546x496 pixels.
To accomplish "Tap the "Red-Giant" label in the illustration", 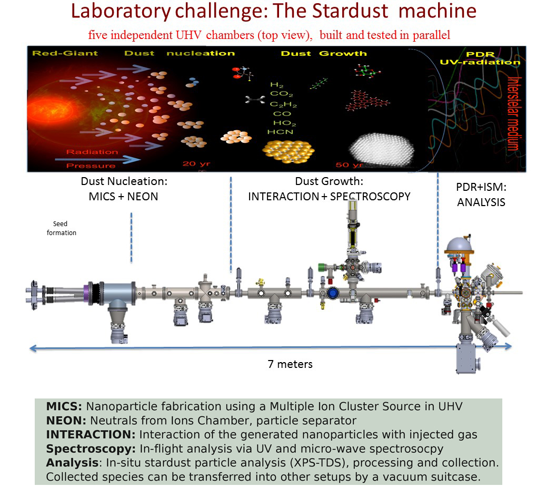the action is click(65, 53).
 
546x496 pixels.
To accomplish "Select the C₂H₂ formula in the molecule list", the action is click(283, 104).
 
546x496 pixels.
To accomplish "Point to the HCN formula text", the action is click(280, 132).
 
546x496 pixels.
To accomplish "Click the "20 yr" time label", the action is click(196, 164).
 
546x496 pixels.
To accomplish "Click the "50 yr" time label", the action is click(349, 164).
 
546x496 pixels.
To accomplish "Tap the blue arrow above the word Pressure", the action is click(98, 160).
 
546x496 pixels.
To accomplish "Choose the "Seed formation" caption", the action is click(61, 228).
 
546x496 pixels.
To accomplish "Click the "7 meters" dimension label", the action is click(290, 364).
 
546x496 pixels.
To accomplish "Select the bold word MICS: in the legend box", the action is click(64, 406).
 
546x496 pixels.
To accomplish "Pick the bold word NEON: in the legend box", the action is click(66, 421).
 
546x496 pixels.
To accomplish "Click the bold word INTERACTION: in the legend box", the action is click(91, 435).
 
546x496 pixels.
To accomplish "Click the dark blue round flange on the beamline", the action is click(333, 293).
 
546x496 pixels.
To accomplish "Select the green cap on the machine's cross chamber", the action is click(321, 267).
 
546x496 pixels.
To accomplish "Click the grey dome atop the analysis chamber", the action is click(459, 244).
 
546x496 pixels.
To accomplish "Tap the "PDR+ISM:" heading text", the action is click(481, 187).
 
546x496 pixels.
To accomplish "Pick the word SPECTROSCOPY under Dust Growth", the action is click(370, 197).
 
